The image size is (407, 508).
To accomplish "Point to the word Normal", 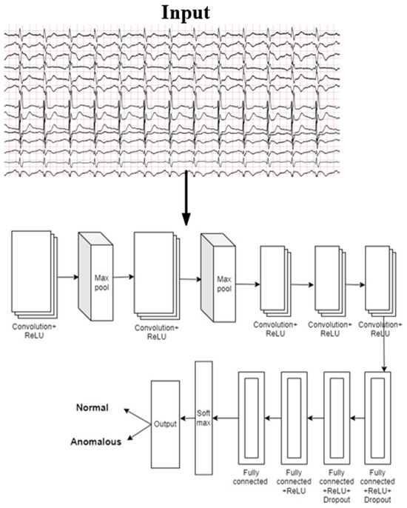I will tap(92, 408).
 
